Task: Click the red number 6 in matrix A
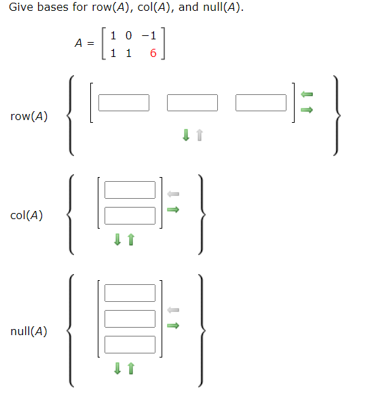[153, 54]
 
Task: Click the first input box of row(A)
[124, 102]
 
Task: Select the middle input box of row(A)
[192, 102]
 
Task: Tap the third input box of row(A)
[261, 102]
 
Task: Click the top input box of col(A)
[130, 190]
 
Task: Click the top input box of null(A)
[130, 293]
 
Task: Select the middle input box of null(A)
[130, 319]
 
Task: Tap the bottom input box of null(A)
[130, 345]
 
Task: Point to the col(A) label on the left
[27, 216]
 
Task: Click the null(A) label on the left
[29, 332]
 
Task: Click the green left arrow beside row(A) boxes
[306, 94]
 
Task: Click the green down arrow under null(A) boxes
[117, 368]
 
